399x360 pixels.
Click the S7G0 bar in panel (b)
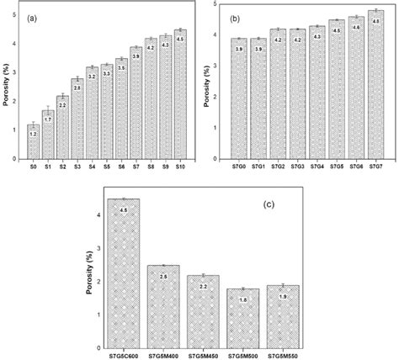click(x=238, y=101)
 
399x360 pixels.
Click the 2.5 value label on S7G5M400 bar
click(x=163, y=277)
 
